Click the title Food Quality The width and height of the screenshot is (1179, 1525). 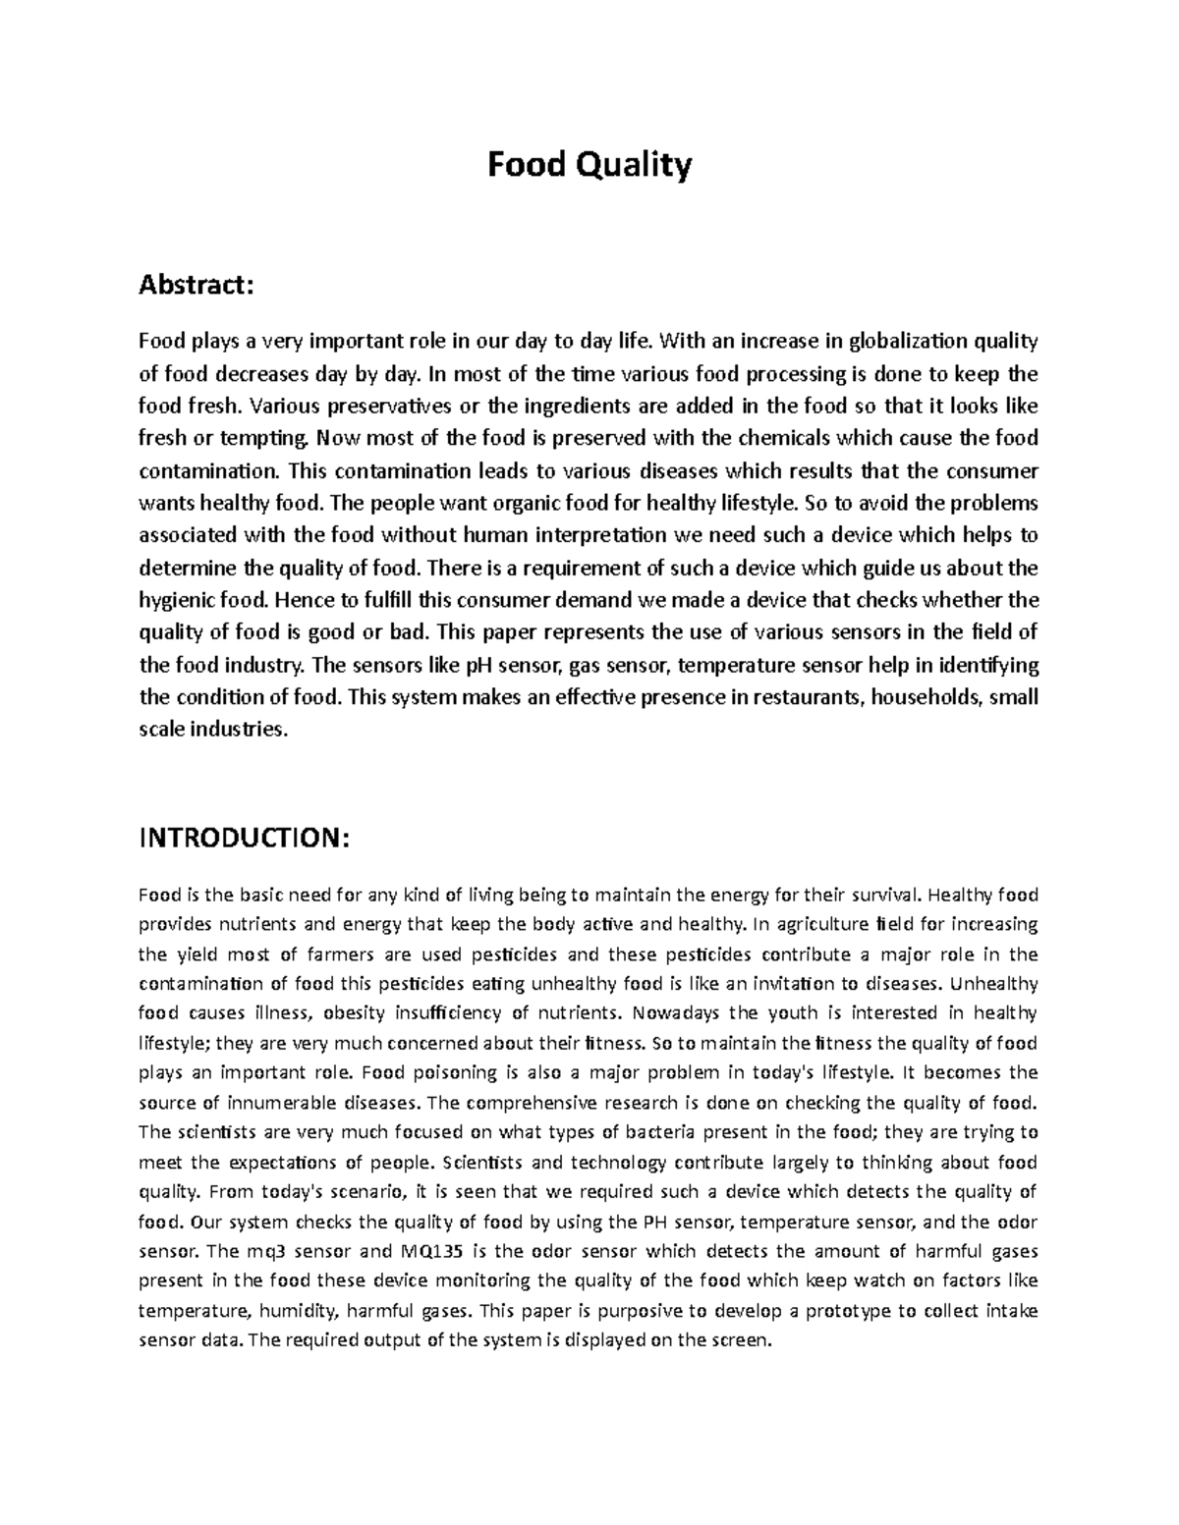(589, 165)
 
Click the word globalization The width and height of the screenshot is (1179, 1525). (907, 342)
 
